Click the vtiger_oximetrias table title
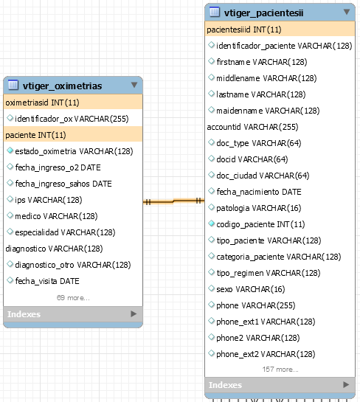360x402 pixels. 62,86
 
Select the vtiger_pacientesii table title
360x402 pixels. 264,13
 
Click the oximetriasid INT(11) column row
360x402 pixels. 73,103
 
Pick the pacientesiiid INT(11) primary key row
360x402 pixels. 280,30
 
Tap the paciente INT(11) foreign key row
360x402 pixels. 73,135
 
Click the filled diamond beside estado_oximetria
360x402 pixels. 10,150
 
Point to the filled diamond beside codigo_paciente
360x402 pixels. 211,223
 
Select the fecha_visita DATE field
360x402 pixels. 47,281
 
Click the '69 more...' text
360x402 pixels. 73,298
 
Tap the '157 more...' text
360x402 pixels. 280,370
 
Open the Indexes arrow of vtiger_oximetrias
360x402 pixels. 134,313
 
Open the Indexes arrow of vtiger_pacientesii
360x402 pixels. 346,384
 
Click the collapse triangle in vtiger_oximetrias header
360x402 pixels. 134,85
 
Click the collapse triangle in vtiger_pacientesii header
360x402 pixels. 347,12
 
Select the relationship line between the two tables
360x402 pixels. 173,201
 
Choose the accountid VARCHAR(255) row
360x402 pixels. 252,127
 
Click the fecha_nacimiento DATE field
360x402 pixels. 259,192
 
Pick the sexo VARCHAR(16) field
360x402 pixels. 251,289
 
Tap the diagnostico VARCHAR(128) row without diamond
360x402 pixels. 54,249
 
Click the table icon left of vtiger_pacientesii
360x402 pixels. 215,12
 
